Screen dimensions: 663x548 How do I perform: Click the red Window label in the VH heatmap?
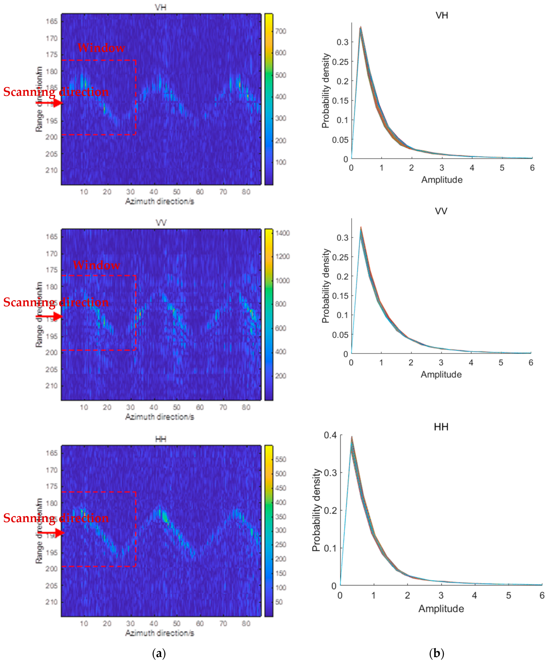(101, 48)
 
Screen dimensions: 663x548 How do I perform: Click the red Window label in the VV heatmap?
(96, 265)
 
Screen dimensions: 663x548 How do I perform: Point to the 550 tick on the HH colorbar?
(281, 459)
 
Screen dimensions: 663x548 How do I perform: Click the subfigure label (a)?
(159, 653)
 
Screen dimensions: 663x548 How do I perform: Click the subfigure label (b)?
(437, 653)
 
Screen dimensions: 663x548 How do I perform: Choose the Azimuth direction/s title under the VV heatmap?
(159, 417)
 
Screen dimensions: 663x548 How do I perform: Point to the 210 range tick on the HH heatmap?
(51, 602)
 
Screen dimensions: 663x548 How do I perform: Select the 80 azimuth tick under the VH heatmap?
(246, 192)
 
